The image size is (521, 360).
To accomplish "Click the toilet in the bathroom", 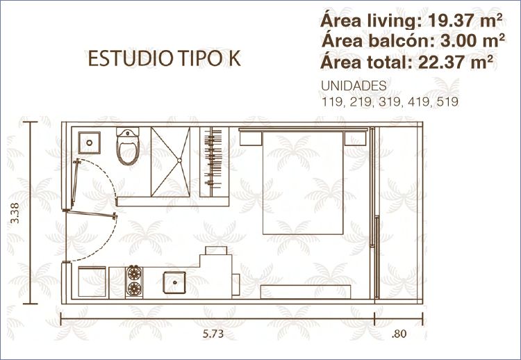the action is (x=128, y=145).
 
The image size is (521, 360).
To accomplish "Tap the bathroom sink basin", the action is (x=90, y=142).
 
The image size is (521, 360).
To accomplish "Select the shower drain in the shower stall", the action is (x=179, y=161).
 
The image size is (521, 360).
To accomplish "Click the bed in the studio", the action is (x=303, y=182).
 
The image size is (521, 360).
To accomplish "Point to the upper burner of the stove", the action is (x=135, y=273).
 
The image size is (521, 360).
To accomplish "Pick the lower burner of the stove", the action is (x=135, y=288).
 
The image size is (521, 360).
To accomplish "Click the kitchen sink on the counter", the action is (x=174, y=283).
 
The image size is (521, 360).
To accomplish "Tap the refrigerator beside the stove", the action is (x=92, y=281).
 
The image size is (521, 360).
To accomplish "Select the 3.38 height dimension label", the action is (x=15, y=213).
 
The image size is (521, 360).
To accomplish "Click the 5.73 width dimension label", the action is (x=213, y=334).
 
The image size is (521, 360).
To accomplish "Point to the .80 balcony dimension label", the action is (x=399, y=334).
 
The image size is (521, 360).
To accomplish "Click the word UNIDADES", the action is (x=354, y=85).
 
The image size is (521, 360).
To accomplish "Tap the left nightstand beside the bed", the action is (x=251, y=138).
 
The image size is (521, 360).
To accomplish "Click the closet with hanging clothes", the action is (x=215, y=162).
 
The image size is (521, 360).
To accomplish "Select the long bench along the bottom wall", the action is (x=306, y=291).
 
